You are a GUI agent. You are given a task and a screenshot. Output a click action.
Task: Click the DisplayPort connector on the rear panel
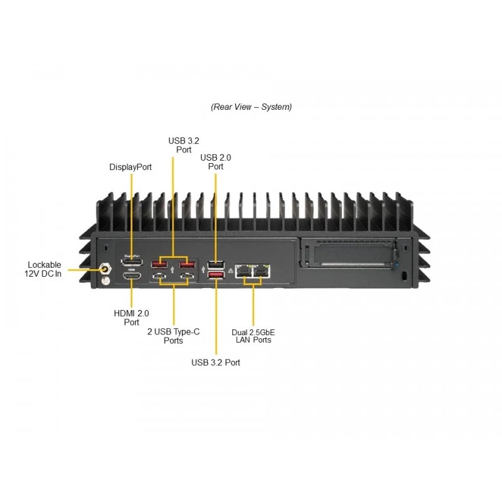coord(132,262)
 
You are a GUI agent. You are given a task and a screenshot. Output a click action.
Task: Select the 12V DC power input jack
coord(105,269)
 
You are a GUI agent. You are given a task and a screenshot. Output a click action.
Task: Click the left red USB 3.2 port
coord(159,265)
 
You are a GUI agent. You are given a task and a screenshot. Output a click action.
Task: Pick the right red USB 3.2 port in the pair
coord(187,265)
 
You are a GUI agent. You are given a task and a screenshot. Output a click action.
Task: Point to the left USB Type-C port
coord(159,276)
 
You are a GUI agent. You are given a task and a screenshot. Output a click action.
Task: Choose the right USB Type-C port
coord(187,276)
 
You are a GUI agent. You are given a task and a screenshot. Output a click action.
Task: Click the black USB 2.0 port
coord(216,265)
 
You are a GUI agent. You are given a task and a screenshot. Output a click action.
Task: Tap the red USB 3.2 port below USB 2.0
coord(216,275)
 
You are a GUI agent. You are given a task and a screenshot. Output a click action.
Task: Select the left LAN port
coord(243,271)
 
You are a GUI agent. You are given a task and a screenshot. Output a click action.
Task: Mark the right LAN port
coord(261,271)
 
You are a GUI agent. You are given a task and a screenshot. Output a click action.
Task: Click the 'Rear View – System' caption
coord(252,107)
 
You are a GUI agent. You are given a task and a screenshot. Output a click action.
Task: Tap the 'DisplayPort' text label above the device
coord(131,167)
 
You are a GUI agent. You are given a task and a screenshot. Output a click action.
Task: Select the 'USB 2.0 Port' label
coord(215,162)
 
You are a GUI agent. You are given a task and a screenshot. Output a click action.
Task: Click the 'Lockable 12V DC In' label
coord(43,269)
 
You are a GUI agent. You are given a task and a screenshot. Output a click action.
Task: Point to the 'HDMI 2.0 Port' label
coord(131,318)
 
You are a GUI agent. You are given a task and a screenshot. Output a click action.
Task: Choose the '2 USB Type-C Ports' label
coord(173,336)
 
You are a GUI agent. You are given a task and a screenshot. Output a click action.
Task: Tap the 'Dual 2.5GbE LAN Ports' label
coord(254,336)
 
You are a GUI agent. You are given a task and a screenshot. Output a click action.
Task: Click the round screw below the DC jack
coord(105,281)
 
